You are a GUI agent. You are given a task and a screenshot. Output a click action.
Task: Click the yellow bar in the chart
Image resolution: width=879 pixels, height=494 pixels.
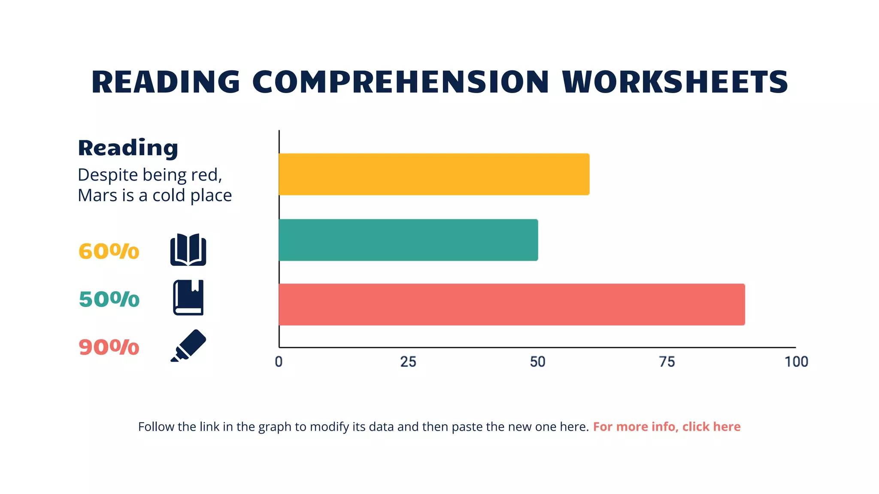(x=433, y=174)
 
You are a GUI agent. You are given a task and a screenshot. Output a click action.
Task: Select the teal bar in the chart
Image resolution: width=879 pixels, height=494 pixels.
(x=408, y=240)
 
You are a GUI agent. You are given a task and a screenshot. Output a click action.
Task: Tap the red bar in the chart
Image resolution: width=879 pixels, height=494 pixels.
(x=512, y=304)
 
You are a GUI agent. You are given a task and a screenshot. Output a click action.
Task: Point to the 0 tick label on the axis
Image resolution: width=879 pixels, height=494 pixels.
(x=279, y=362)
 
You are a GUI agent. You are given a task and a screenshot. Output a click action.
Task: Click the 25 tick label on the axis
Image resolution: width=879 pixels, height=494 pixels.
(x=408, y=362)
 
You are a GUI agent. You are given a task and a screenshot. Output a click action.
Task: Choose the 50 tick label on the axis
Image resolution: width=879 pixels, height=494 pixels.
(x=537, y=362)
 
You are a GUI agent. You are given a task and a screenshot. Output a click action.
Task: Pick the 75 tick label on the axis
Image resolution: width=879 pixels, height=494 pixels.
(x=667, y=362)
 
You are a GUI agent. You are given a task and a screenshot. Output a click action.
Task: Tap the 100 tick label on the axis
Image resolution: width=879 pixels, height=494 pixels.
(x=796, y=362)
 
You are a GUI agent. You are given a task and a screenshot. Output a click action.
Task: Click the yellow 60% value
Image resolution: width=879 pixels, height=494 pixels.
(x=109, y=251)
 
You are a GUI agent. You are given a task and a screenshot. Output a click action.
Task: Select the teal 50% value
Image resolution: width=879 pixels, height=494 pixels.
(x=109, y=299)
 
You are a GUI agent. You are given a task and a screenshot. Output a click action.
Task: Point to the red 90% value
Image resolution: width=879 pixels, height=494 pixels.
(x=109, y=347)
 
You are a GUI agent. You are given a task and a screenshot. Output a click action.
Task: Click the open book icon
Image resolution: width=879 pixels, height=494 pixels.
(x=188, y=250)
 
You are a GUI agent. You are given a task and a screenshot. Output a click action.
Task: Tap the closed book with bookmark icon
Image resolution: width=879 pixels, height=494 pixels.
(x=188, y=298)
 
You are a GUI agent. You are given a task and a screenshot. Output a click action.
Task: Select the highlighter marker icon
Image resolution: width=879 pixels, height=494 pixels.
(x=188, y=346)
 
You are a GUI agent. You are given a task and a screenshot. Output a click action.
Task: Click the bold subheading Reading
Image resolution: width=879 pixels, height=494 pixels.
(x=128, y=148)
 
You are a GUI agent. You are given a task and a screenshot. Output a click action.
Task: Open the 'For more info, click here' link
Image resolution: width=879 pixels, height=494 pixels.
(x=667, y=427)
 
